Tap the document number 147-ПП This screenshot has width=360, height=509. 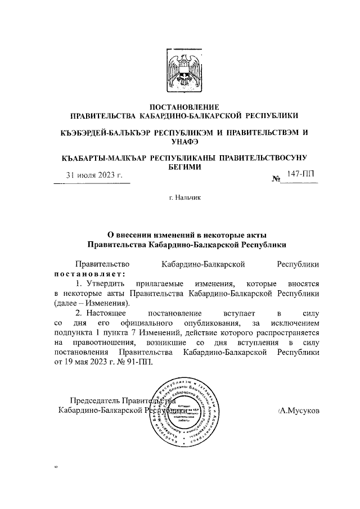tap(300, 175)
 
